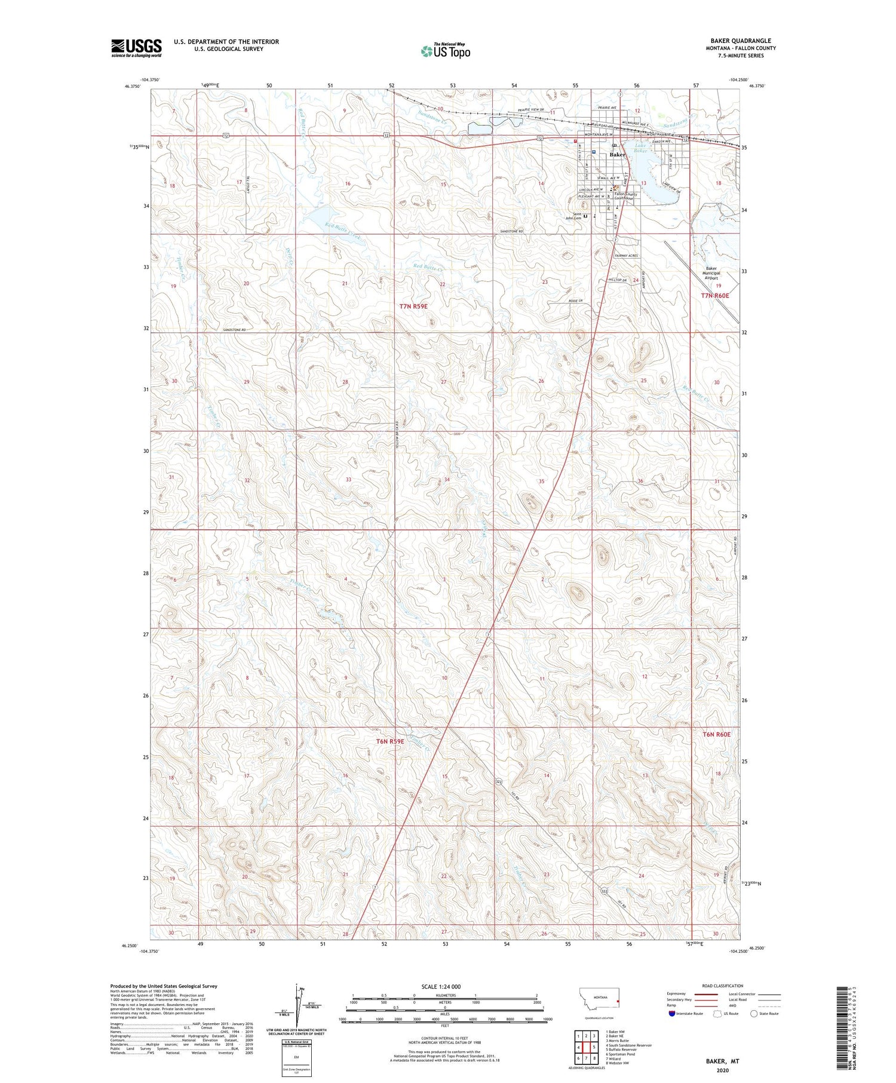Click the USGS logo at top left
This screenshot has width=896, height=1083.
[x=136, y=48]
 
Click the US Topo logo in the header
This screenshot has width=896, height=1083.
[x=445, y=51]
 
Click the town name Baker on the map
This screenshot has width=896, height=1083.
[x=617, y=155]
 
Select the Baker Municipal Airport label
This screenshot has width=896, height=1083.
[x=711, y=273]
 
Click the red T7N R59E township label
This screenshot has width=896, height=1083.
[x=414, y=306]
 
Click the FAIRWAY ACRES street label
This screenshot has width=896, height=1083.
[x=627, y=256]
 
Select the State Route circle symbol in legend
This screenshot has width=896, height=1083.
[x=754, y=1013]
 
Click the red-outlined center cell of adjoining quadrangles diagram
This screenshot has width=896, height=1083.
[x=587, y=1047]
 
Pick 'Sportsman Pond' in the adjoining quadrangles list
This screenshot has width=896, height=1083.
[x=621, y=1054]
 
